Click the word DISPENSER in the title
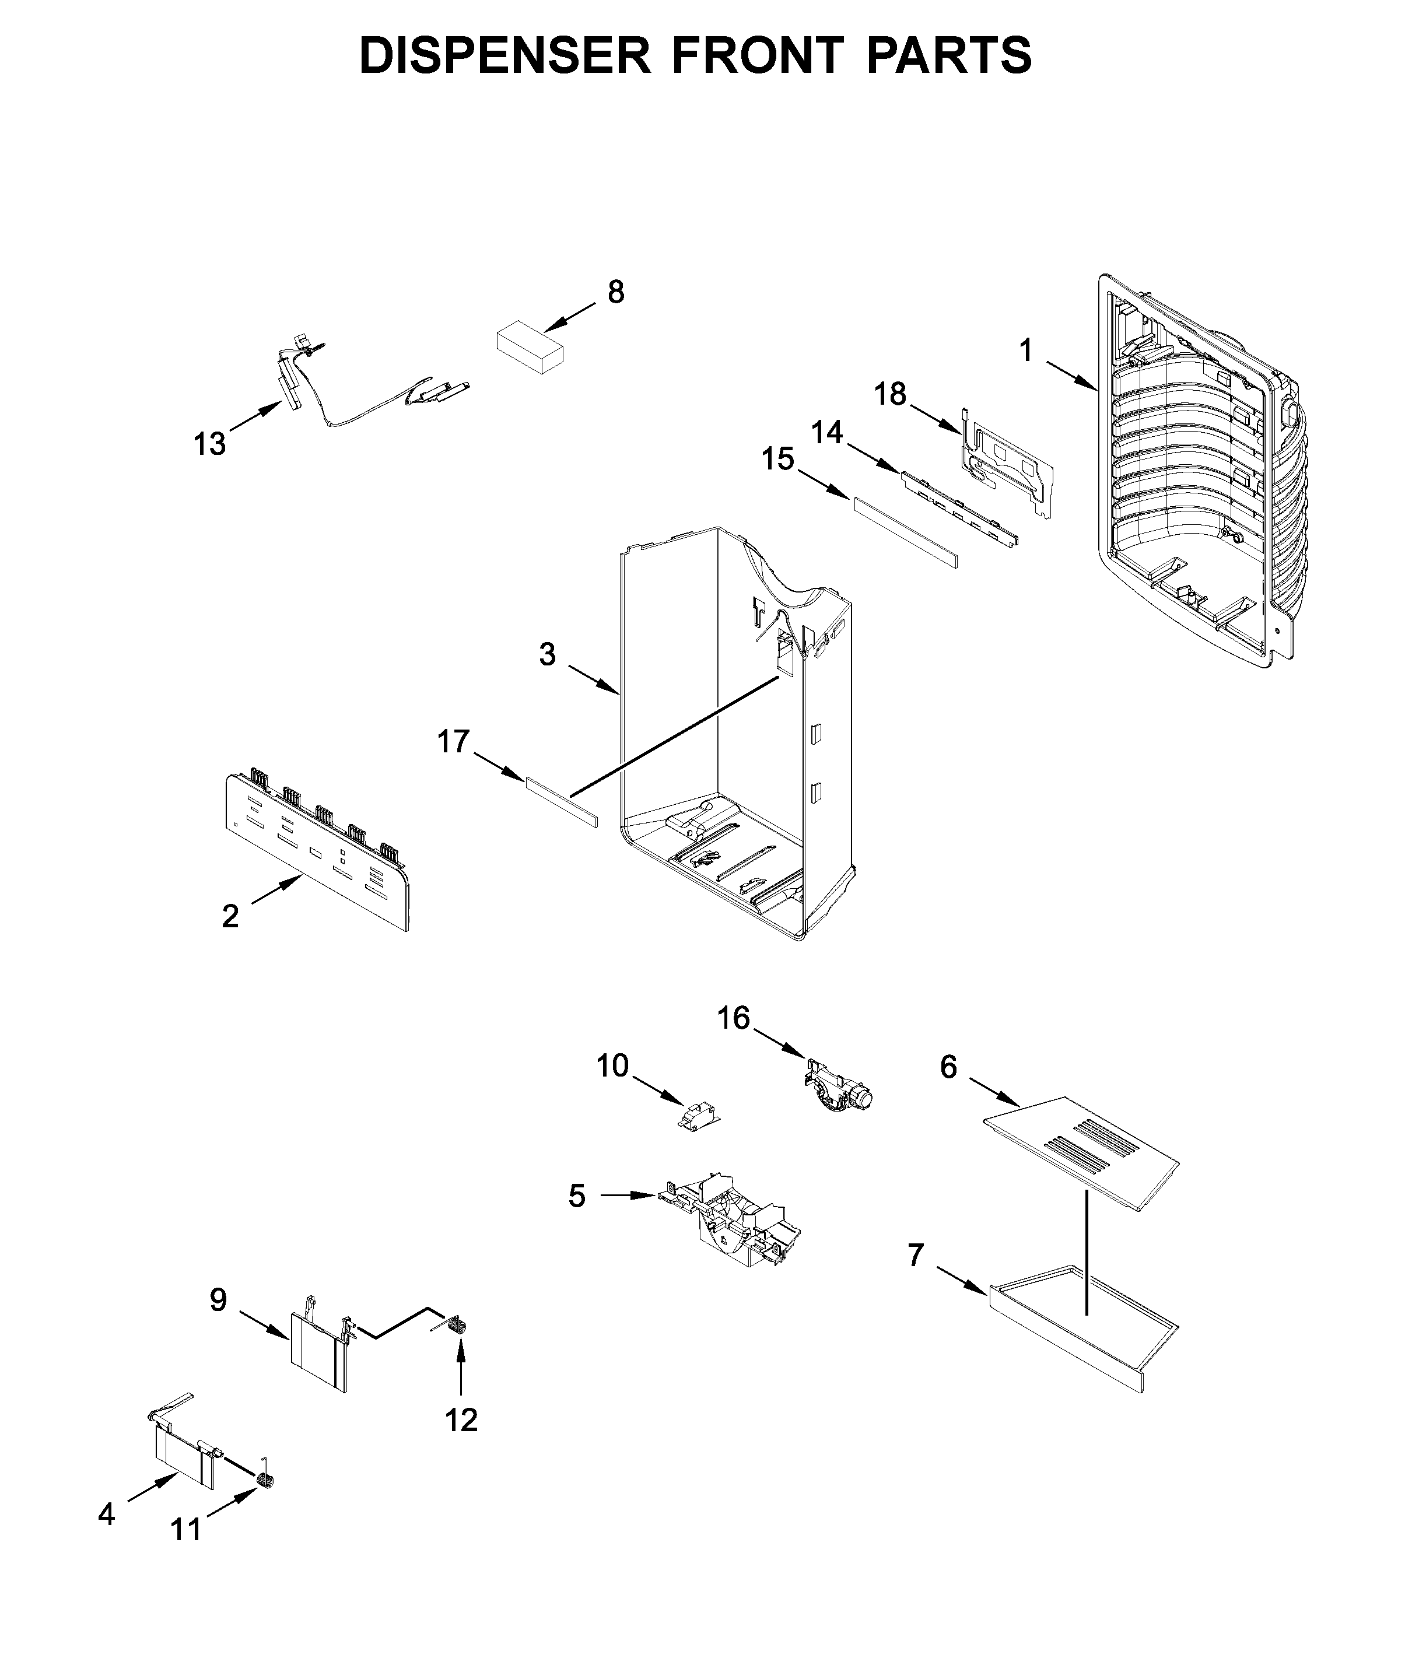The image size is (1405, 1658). tap(504, 56)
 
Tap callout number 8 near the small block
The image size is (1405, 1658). tap(616, 292)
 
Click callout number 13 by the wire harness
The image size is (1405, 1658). tap(209, 444)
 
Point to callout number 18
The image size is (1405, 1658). tap(891, 394)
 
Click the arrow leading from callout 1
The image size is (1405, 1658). tap(1072, 375)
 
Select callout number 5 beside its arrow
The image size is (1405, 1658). tap(577, 1218)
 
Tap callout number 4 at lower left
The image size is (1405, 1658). tap(106, 1514)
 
